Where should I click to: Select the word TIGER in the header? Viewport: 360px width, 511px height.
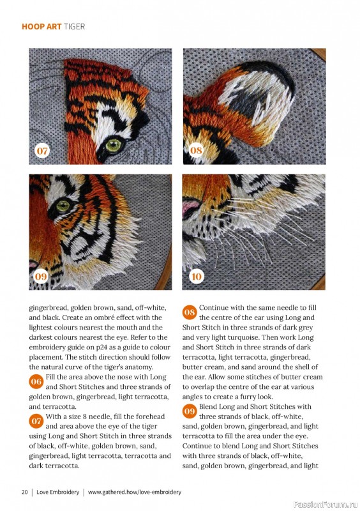[x=74, y=27]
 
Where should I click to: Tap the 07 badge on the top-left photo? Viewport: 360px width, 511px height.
[x=42, y=151]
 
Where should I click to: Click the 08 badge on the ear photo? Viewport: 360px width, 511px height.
[x=196, y=151]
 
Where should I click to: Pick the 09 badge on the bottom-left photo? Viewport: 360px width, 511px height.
[x=42, y=277]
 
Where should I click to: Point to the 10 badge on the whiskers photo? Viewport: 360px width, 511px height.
[x=196, y=277]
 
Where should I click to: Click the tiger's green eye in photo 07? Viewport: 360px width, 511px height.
[x=113, y=146]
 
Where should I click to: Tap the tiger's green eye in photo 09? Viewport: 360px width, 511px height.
[x=63, y=206]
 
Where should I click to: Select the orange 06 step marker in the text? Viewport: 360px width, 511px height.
[x=36, y=381]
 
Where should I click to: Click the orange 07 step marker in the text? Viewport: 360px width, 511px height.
[x=36, y=421]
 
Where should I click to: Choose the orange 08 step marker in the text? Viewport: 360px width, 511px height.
[x=190, y=312]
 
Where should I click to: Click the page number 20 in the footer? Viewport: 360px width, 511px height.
[x=24, y=492]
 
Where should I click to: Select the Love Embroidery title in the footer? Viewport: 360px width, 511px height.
[x=57, y=492]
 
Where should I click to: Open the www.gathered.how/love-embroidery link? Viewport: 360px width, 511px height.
[x=134, y=492]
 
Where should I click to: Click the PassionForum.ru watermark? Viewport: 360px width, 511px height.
[x=321, y=503]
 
